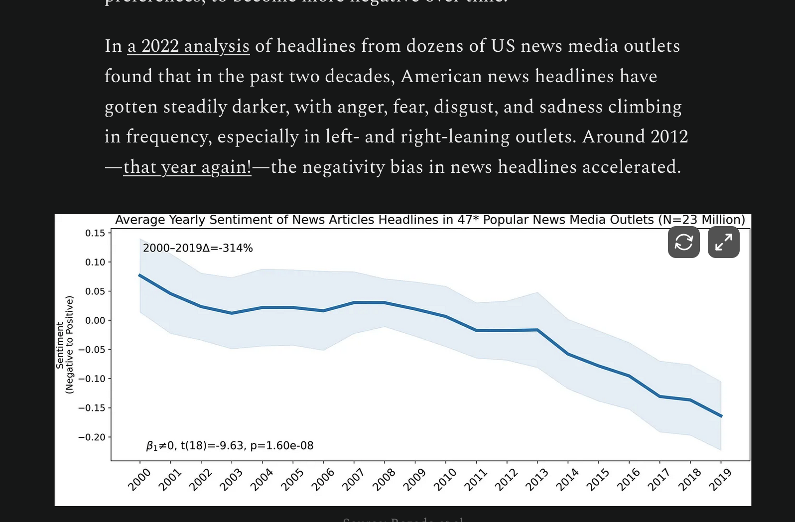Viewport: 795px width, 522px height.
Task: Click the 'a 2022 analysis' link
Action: [188, 46]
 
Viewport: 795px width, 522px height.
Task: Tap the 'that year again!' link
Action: [187, 167]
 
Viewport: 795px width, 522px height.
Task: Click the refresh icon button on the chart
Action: [683, 243]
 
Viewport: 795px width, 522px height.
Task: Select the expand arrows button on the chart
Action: [723, 243]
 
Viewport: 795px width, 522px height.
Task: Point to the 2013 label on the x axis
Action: [536, 479]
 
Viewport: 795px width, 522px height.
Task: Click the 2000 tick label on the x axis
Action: [139, 479]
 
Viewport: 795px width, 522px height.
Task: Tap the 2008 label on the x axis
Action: [384, 479]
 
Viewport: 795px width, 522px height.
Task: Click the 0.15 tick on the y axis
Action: [95, 233]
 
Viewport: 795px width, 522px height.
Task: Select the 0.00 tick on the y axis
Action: [95, 320]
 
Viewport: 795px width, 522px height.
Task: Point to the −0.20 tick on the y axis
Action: [92, 437]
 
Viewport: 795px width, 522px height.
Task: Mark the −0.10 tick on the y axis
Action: [92, 379]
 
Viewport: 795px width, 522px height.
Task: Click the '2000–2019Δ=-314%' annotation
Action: [198, 248]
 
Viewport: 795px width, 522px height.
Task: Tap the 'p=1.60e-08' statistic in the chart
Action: [282, 446]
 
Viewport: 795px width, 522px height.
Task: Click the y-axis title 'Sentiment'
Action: [60, 345]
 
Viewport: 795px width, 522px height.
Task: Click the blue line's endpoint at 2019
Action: [721, 416]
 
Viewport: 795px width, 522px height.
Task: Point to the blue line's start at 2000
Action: [139, 275]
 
